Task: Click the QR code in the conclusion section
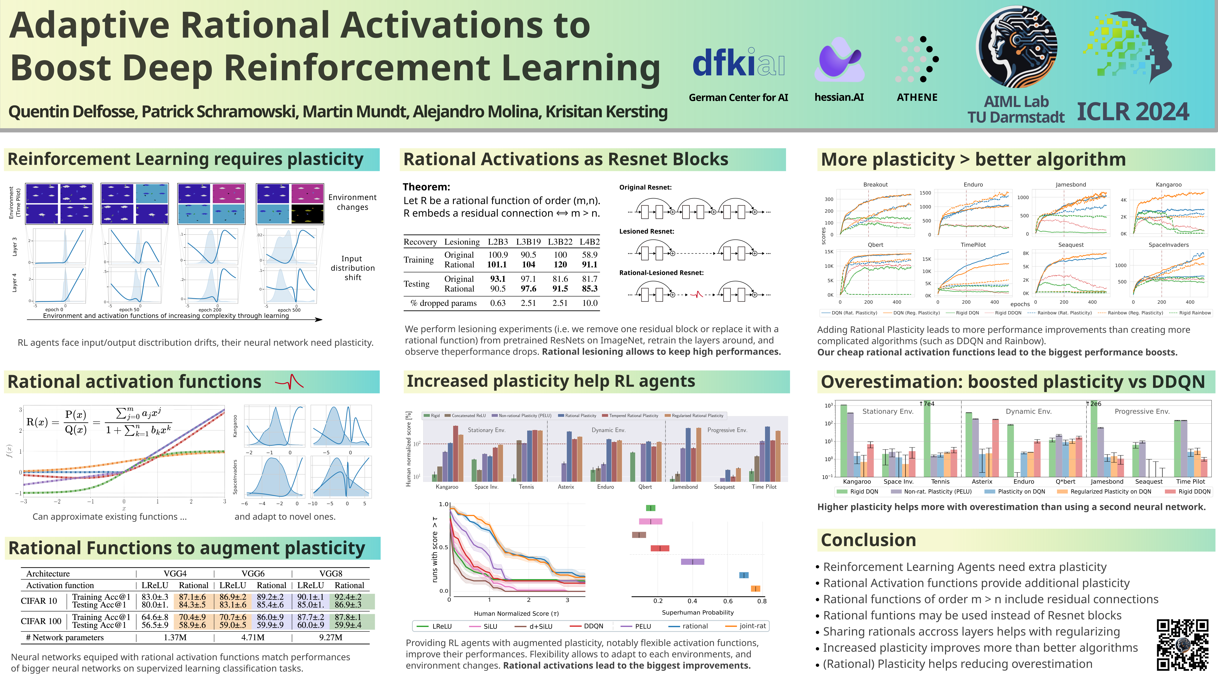click(1182, 644)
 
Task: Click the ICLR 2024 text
click(1132, 112)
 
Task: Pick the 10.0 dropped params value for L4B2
click(590, 303)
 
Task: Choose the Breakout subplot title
click(875, 184)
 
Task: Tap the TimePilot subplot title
click(973, 245)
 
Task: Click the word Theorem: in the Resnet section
click(426, 187)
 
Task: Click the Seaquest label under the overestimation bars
click(1149, 481)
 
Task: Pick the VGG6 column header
click(253, 573)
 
